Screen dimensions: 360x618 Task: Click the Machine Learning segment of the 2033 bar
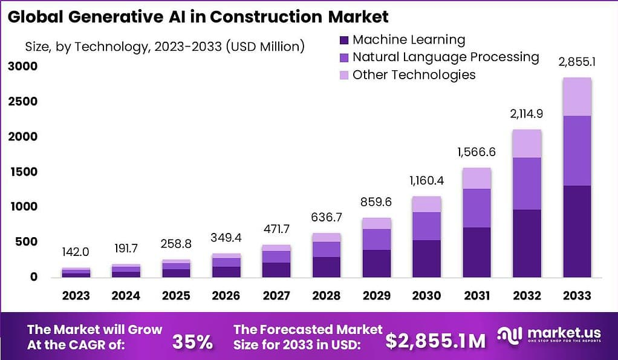(576, 231)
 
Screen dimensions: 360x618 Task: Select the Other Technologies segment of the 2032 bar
(527, 144)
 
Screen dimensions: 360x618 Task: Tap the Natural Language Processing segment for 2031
(477, 208)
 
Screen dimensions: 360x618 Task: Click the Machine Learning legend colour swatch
(344, 41)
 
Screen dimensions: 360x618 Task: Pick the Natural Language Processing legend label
(445, 57)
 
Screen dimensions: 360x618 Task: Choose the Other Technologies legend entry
(414, 75)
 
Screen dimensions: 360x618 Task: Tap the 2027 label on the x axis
(275, 296)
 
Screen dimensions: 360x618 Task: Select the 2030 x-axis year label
(426, 296)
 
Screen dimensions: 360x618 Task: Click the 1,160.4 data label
(426, 180)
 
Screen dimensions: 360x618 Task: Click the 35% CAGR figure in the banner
(192, 341)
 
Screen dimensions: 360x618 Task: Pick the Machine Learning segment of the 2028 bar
(326, 267)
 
